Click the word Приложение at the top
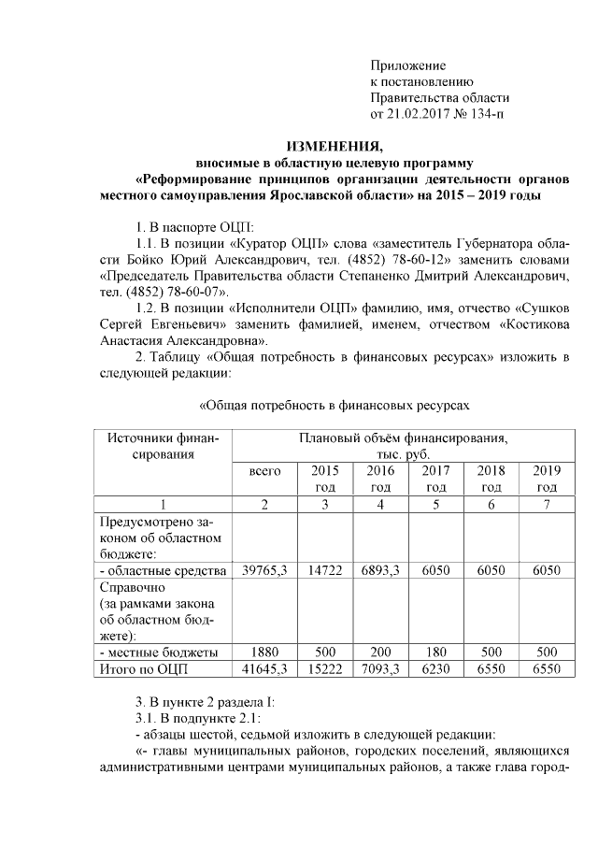click(x=408, y=65)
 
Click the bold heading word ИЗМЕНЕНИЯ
click(x=333, y=147)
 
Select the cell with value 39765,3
click(x=265, y=570)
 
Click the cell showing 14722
click(x=325, y=570)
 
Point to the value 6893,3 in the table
click(x=380, y=570)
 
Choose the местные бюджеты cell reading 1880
click(x=265, y=651)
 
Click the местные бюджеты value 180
click(x=436, y=651)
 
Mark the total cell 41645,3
click(x=265, y=667)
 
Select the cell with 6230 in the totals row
click(x=436, y=667)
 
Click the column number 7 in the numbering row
click(x=547, y=504)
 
